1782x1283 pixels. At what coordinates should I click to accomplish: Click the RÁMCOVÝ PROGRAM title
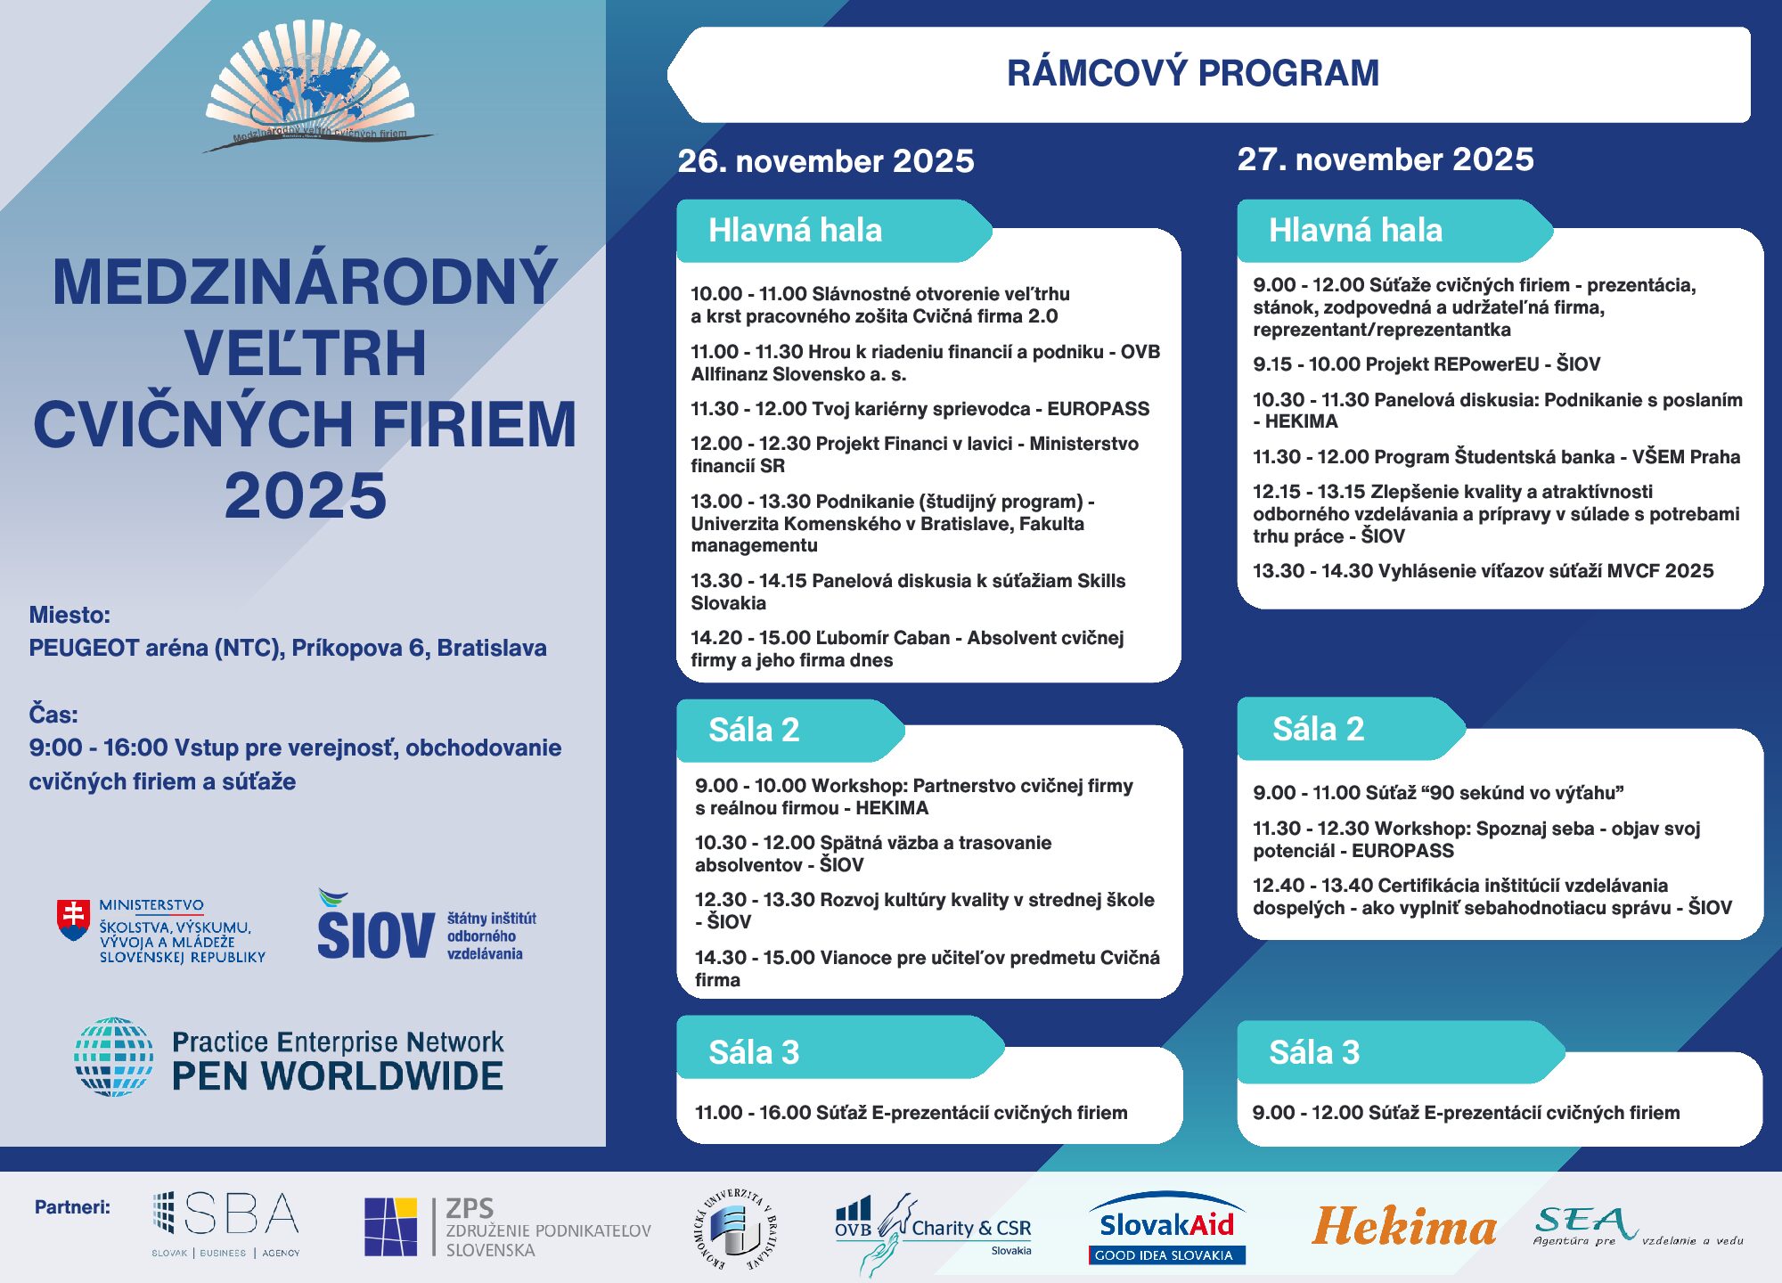1192,73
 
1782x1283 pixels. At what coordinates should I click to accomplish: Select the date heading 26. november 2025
825,161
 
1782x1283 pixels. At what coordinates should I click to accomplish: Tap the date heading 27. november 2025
1385,159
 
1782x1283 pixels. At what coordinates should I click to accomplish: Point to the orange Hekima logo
1403,1227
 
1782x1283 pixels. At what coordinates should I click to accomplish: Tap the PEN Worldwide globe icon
113,1057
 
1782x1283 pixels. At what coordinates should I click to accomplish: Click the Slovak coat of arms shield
73,919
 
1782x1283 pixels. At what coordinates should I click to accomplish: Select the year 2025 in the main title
305,495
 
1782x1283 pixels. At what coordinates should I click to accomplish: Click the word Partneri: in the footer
72,1207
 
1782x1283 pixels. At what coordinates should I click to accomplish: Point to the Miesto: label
69,615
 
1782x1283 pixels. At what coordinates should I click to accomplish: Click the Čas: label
53,715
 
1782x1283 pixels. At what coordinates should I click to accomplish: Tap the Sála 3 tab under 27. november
1313,1052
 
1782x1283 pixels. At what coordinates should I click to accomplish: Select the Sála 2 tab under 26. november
753,730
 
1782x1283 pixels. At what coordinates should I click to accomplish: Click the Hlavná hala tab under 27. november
1354,230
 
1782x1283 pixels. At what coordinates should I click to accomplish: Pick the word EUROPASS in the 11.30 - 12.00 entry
1098,409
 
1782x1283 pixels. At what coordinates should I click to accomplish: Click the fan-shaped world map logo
310,86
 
